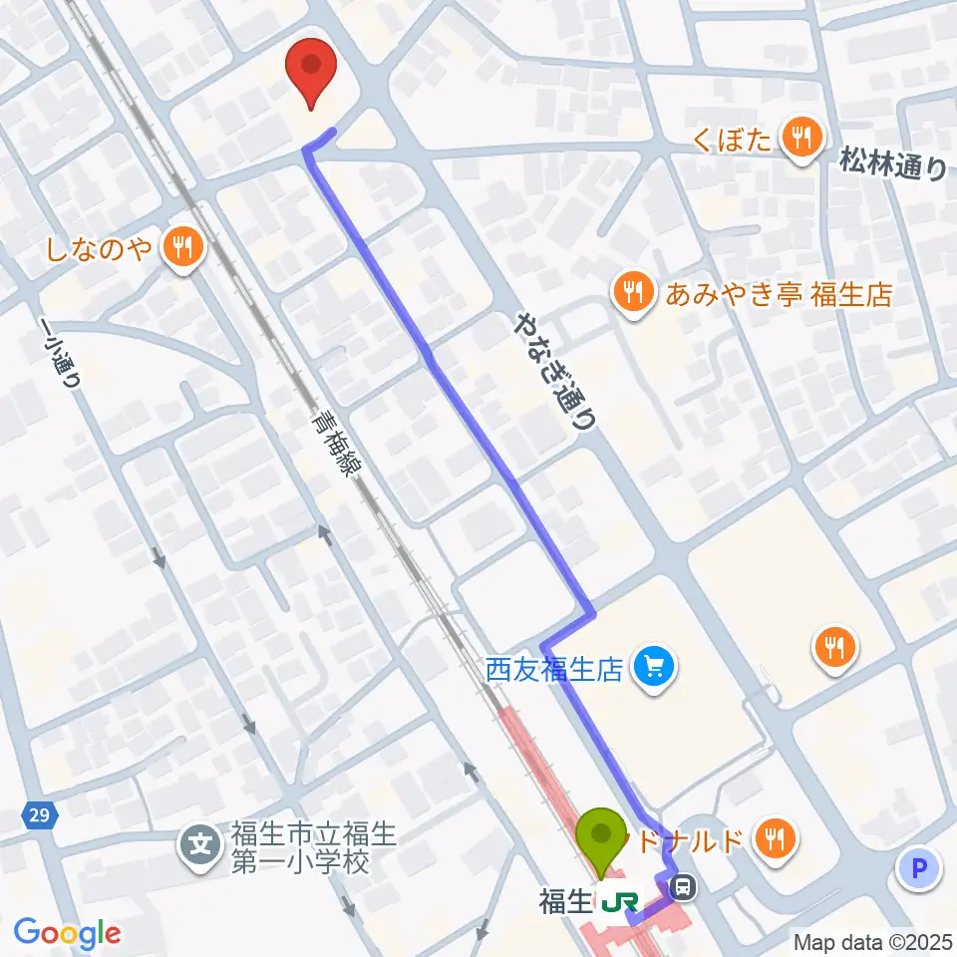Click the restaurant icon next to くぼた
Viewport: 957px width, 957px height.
tap(799, 138)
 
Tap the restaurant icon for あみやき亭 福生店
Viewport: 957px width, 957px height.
tap(632, 292)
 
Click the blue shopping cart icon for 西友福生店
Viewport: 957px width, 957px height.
tap(655, 664)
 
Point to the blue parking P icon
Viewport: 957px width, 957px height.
tap(918, 869)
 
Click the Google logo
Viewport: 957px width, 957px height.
tap(67, 932)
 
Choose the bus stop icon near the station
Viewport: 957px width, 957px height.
tap(685, 884)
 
